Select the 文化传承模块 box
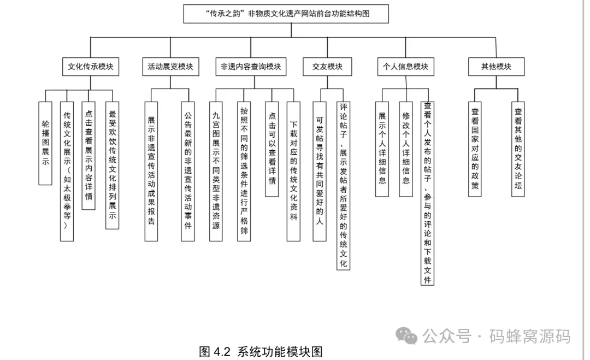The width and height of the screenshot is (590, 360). [91, 67]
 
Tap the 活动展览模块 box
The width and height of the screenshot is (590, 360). [170, 67]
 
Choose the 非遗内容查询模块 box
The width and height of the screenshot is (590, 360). [251, 67]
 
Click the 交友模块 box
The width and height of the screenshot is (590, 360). [327, 67]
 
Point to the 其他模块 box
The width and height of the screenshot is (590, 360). [496, 67]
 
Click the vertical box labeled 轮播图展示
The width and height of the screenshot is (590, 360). [45, 142]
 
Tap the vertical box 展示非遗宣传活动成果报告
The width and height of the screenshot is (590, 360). [151, 170]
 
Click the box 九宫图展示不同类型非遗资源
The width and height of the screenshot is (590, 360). [216, 170]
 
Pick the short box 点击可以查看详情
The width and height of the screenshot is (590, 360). [272, 149]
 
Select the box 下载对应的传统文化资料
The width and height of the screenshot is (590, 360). [294, 170]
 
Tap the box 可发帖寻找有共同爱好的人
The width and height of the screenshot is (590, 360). [319, 170]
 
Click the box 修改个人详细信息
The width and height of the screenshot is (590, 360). [405, 149]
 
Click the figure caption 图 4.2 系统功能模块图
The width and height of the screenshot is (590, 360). [261, 351]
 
